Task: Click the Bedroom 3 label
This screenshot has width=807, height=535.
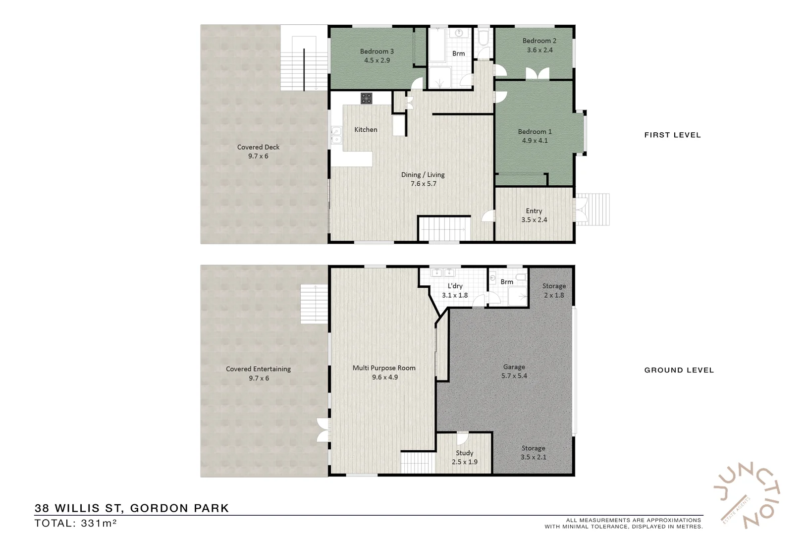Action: point(377,52)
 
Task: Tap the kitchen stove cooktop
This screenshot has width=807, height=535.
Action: point(366,98)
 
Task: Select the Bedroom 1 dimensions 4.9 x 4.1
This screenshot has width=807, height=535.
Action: point(535,141)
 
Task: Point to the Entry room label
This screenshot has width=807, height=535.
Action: point(534,211)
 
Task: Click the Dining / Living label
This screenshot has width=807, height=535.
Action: point(423,175)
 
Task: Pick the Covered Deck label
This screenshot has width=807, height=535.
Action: point(258,147)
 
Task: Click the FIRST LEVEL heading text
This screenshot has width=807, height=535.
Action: point(672,135)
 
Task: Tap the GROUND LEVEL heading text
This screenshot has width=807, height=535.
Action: point(679,370)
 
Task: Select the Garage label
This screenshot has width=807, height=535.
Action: point(514,367)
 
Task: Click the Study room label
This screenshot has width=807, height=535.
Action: point(464,453)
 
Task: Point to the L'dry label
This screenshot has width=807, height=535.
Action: point(455,286)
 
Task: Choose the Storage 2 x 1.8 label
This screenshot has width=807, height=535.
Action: point(554,291)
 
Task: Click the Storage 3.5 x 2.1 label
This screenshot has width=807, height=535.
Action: point(533,452)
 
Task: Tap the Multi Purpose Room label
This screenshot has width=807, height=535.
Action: point(384,368)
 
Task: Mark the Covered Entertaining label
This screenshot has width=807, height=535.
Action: point(258,369)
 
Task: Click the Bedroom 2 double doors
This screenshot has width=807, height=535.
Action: point(537,74)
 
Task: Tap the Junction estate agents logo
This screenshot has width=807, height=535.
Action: point(747,495)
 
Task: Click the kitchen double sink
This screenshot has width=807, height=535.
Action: point(336,135)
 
